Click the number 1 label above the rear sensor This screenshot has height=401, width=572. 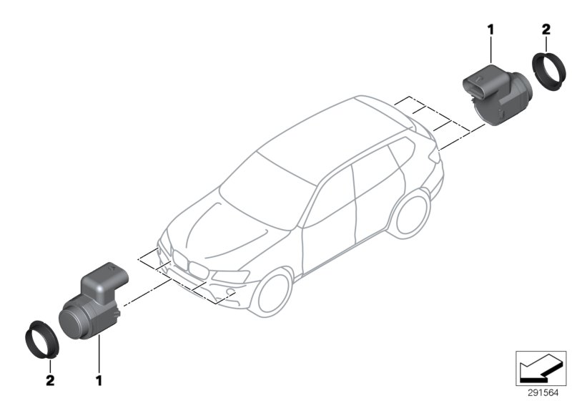(491, 29)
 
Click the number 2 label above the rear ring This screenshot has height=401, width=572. (546, 29)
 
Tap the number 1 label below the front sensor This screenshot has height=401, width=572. (99, 378)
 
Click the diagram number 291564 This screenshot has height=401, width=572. (543, 392)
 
